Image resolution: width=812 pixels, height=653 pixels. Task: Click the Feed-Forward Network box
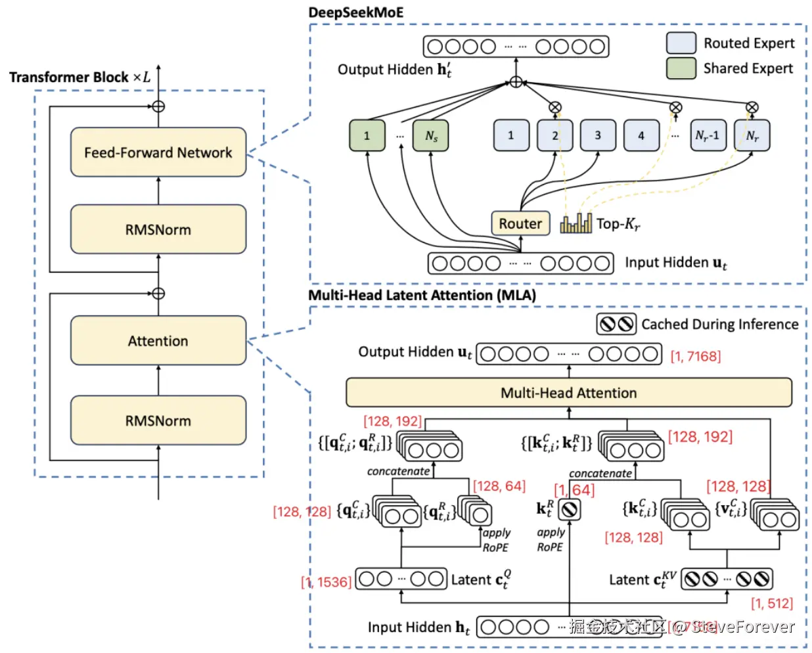[x=158, y=152]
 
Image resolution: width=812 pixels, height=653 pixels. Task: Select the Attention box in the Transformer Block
[x=158, y=341]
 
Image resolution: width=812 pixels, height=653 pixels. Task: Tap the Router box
[x=520, y=223]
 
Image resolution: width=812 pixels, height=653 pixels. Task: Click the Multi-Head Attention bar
[x=568, y=393]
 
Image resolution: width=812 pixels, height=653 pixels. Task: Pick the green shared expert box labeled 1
[x=367, y=136]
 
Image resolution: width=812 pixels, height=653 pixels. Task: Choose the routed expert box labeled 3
[x=598, y=135]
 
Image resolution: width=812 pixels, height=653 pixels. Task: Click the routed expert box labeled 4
[x=641, y=135]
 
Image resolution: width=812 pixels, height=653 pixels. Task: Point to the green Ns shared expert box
[x=430, y=136]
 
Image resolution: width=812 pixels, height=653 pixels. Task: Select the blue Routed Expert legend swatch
[x=681, y=43]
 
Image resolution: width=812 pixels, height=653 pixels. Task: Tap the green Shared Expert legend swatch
[x=681, y=68]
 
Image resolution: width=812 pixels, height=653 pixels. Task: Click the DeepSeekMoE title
[x=356, y=12]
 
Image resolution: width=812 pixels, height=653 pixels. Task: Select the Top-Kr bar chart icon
[x=576, y=223]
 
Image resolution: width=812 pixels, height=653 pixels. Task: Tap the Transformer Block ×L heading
[x=79, y=77]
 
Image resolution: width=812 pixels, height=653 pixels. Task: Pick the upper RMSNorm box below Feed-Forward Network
[x=158, y=229]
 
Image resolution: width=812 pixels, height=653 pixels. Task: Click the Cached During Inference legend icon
[x=616, y=324]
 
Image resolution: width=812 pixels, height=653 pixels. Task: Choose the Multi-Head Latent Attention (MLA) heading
[x=422, y=295]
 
